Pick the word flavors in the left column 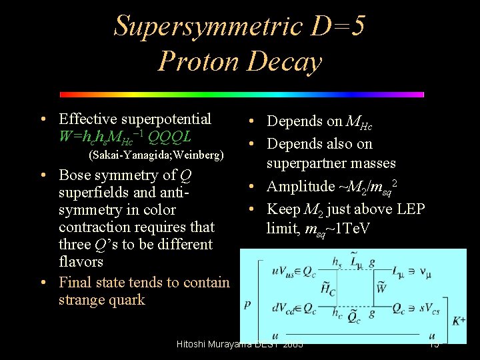coord(81,262)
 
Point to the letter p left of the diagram coord(248,304)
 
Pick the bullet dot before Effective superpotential coord(43,120)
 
